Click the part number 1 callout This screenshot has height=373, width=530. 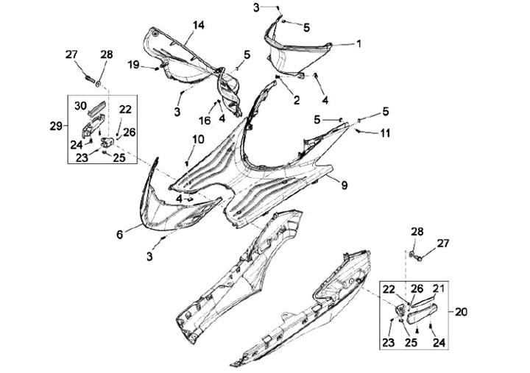(359, 44)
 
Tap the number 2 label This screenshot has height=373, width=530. (297, 100)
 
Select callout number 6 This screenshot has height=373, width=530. (119, 235)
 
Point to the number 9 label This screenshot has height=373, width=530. (343, 186)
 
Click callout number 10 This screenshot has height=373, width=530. (178, 139)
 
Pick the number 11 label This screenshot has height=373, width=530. (385, 133)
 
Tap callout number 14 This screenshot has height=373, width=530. (199, 25)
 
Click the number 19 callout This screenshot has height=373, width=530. (133, 65)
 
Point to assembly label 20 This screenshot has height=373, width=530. (461, 312)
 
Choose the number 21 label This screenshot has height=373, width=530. (439, 288)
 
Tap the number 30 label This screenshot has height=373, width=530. (79, 106)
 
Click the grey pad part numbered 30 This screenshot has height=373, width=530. (96, 111)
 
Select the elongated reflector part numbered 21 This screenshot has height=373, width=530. (423, 312)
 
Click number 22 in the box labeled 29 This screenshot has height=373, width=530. (125, 109)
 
